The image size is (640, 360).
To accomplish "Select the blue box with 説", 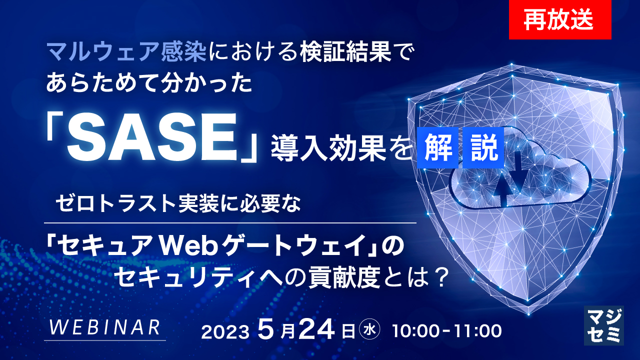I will [483, 149].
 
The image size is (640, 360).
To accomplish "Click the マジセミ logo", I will [603, 325].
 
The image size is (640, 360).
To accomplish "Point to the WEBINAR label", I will [105, 327].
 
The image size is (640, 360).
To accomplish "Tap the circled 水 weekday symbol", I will [370, 330].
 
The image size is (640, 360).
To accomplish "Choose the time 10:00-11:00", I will [447, 331].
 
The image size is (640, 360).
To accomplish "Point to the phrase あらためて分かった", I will [148, 83].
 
